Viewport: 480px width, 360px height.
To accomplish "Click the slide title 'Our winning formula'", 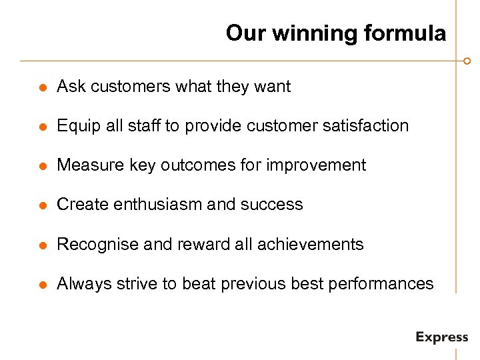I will coord(335,33).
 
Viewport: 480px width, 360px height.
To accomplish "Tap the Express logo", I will coord(441,337).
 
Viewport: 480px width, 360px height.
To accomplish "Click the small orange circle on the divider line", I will coord(467,61).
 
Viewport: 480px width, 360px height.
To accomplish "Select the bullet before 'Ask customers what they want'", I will coord(41,87).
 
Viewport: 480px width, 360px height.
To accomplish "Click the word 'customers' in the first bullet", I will coord(123,87).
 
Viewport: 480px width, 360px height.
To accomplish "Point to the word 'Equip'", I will coord(75,126).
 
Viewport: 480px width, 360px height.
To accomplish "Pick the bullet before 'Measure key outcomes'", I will coord(41,166).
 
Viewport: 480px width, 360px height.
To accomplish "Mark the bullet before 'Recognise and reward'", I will coord(41,245).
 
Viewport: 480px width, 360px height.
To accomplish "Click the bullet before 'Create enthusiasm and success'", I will coord(41,205).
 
